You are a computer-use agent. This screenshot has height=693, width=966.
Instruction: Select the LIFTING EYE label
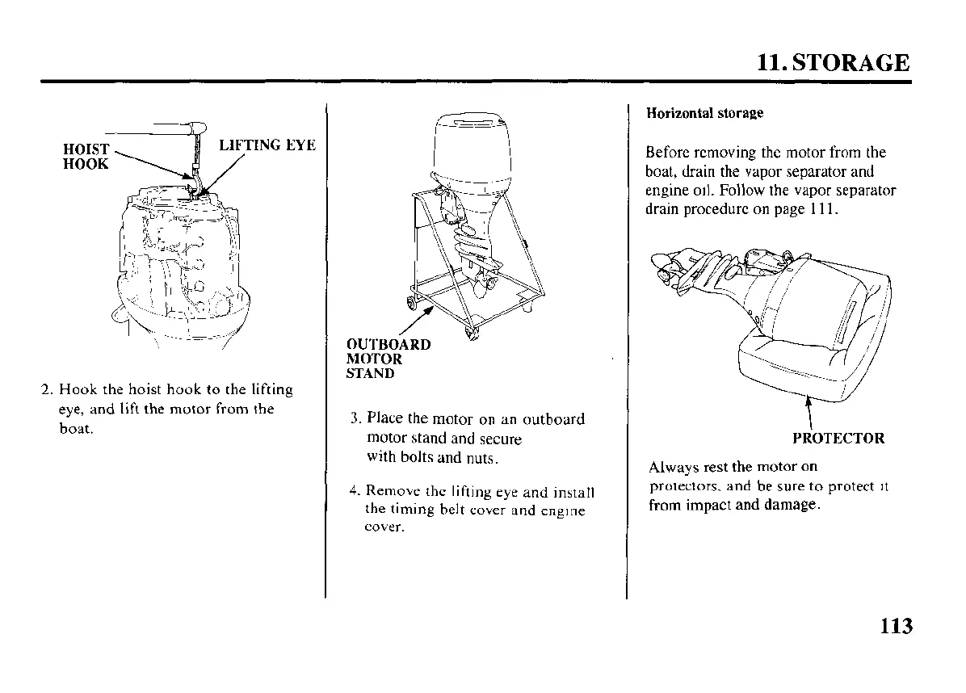[x=267, y=145]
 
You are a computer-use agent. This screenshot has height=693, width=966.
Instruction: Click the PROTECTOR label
[x=838, y=439]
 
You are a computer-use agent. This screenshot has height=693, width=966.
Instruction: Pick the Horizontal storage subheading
[x=704, y=113]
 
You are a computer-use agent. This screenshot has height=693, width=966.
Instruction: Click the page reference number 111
[x=823, y=210]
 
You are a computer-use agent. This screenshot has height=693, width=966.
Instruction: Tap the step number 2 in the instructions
[x=46, y=390]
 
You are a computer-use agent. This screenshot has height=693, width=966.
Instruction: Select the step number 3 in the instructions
[x=355, y=419]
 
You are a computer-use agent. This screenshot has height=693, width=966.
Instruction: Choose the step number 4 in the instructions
[x=355, y=491]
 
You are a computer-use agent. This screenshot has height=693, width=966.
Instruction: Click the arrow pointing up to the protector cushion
[x=808, y=407]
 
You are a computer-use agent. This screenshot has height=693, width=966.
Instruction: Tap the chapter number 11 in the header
[x=770, y=63]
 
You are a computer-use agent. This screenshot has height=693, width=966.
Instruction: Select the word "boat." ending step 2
[x=76, y=428]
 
